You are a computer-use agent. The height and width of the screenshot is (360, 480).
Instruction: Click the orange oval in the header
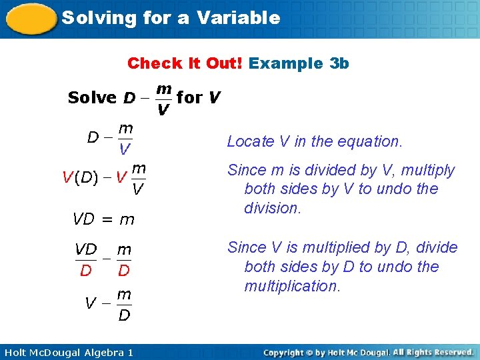pyautogui.click(x=30, y=19)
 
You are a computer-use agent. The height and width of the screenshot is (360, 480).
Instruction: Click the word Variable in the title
pyautogui.click(x=240, y=18)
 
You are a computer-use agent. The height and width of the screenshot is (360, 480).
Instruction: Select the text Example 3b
pyautogui.click(x=299, y=63)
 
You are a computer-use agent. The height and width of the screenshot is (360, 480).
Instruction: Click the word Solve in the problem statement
pyautogui.click(x=92, y=97)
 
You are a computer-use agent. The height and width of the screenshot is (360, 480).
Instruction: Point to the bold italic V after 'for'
pyautogui.click(x=213, y=97)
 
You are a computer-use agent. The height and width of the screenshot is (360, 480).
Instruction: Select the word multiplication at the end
pyautogui.click(x=292, y=286)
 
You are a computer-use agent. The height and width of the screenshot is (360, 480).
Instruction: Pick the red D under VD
pyautogui.click(x=85, y=271)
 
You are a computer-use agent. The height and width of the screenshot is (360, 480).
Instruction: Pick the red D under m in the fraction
pyautogui.click(x=124, y=271)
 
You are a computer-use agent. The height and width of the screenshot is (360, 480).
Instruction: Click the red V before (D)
pyautogui.click(x=67, y=177)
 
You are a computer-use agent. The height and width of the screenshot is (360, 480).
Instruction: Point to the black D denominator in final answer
pyautogui.click(x=124, y=315)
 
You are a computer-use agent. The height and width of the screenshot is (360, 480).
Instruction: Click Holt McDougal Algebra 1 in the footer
pyautogui.click(x=67, y=352)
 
